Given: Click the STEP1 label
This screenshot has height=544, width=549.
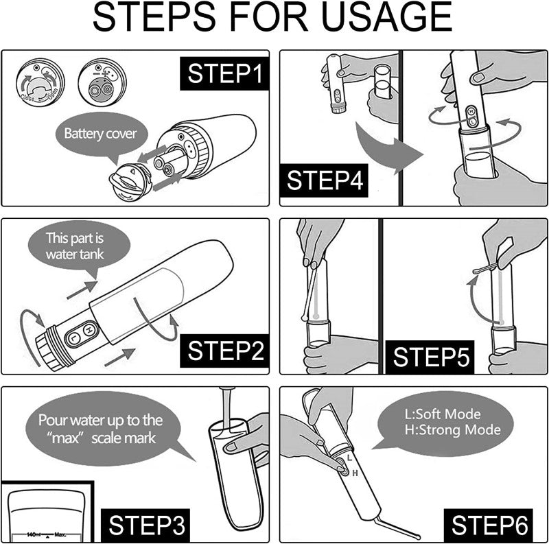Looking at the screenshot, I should pyautogui.click(x=224, y=74).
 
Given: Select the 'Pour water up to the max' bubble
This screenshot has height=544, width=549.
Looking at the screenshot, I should pyautogui.click(x=100, y=428).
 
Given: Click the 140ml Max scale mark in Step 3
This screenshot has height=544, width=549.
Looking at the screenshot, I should pyautogui.click(x=45, y=533).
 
